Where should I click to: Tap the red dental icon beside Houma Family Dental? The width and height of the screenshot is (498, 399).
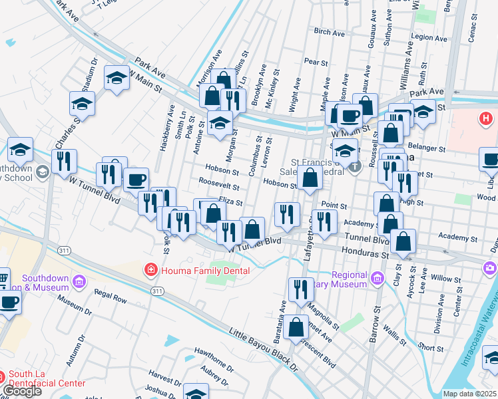pos(151,270)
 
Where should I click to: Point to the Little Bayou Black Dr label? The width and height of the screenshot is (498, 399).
pos(266,350)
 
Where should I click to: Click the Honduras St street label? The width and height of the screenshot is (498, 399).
pos(364,253)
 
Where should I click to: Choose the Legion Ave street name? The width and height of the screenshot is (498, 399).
pos(427,37)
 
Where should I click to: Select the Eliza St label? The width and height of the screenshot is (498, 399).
pos(230,200)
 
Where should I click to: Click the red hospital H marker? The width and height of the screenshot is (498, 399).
pos(486,119)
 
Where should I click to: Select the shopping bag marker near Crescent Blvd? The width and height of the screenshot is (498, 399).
pos(296,327)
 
